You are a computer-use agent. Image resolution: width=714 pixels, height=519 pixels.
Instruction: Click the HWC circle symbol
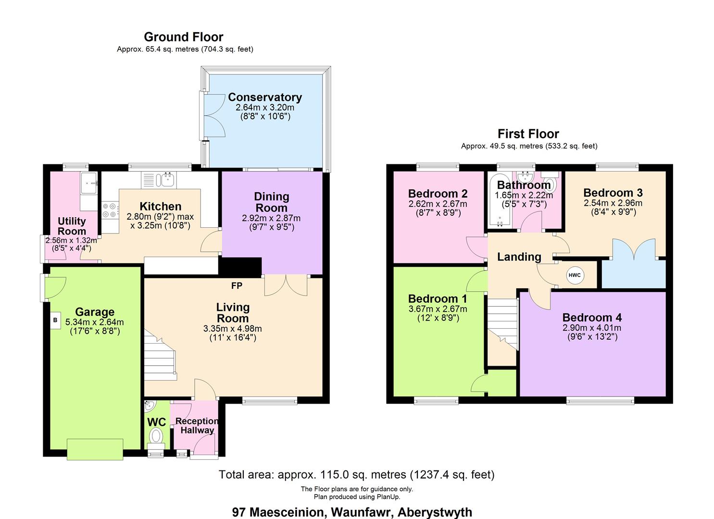(x=575, y=275)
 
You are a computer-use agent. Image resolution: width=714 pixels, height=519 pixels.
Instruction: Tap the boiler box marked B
(x=55, y=320)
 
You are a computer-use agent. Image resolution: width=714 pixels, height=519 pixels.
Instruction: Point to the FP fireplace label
(x=237, y=286)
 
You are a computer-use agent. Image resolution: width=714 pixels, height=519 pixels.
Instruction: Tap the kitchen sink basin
(x=168, y=180)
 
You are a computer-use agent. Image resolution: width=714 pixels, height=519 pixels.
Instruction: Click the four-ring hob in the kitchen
(x=109, y=210)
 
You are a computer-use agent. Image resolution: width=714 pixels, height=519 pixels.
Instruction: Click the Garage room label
(x=95, y=311)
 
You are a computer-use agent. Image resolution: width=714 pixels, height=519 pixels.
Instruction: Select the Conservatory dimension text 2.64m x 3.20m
(x=265, y=107)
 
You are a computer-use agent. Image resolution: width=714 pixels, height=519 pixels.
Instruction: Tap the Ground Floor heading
(x=184, y=37)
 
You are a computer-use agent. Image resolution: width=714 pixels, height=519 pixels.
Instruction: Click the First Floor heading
(x=528, y=134)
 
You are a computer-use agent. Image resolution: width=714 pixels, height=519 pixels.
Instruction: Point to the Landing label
(x=519, y=257)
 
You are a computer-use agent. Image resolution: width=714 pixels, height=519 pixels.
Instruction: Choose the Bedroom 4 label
(x=592, y=317)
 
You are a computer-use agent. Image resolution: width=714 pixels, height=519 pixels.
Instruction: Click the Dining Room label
(x=272, y=202)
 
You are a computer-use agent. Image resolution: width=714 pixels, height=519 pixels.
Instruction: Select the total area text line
(x=357, y=475)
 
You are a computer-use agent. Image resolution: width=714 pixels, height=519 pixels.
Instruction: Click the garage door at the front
(x=95, y=449)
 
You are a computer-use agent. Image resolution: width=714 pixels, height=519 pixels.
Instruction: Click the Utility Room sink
(x=89, y=183)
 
